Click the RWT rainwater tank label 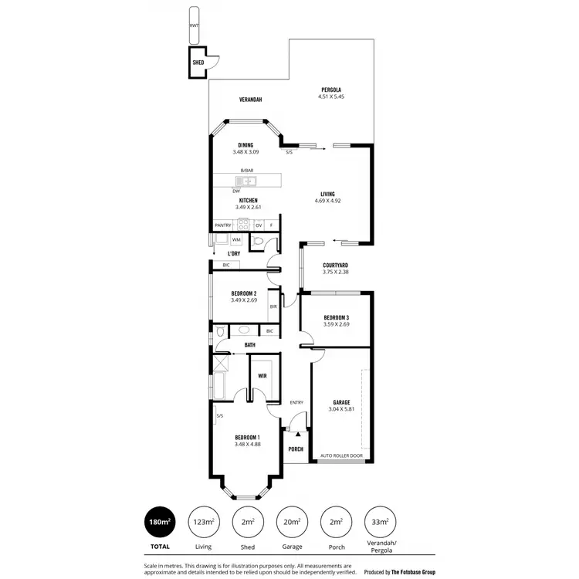coord(193,25)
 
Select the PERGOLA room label coord(331,90)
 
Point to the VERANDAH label coord(250,100)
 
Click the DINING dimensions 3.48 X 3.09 coord(246,152)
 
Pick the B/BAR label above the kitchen coord(247,170)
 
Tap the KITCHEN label coord(247,201)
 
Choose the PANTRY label coord(223,225)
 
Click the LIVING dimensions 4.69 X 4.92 coord(327,201)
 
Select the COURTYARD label coord(335,265)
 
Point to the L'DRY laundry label coord(233,254)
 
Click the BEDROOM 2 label coord(244,293)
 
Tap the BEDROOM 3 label coord(337,318)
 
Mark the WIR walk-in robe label coord(262,376)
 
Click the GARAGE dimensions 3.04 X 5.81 coord(341,409)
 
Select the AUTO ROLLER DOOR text coord(341,455)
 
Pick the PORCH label coord(296,449)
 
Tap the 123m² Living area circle coord(203,523)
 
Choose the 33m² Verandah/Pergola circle coord(379,523)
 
